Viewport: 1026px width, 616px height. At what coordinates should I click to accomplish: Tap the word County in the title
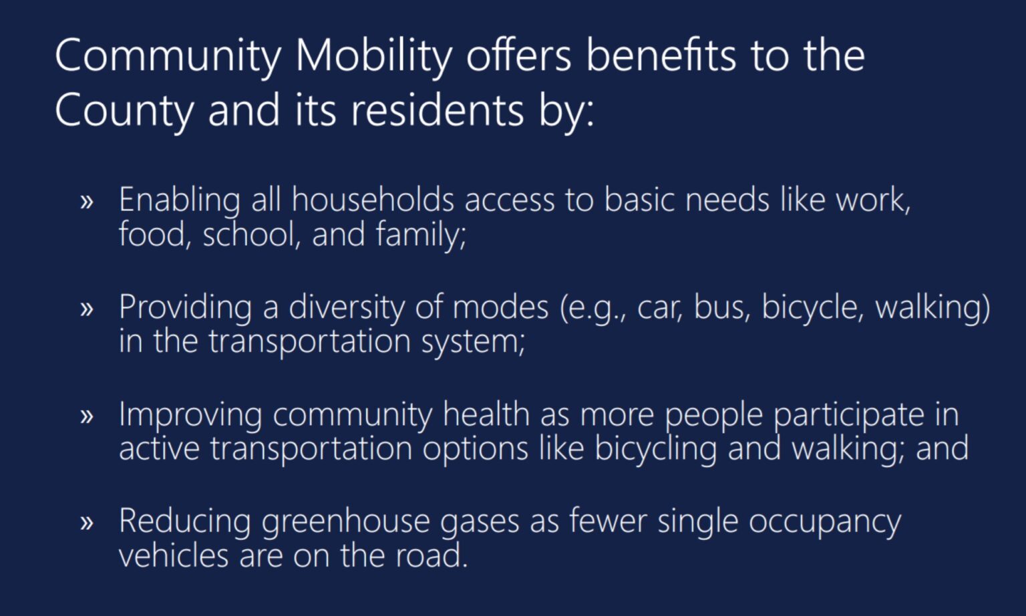pyautogui.click(x=124, y=112)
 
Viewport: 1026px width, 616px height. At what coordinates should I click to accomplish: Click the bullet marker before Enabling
pyautogui.click(x=86, y=202)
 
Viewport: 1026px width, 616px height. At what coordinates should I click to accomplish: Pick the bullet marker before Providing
pyautogui.click(x=86, y=309)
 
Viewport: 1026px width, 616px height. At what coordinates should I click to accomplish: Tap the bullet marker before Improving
pyautogui.click(x=86, y=416)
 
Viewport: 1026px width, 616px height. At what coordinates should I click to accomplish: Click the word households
pyautogui.click(x=373, y=200)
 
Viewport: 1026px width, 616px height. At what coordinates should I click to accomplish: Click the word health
pyautogui.click(x=486, y=414)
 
